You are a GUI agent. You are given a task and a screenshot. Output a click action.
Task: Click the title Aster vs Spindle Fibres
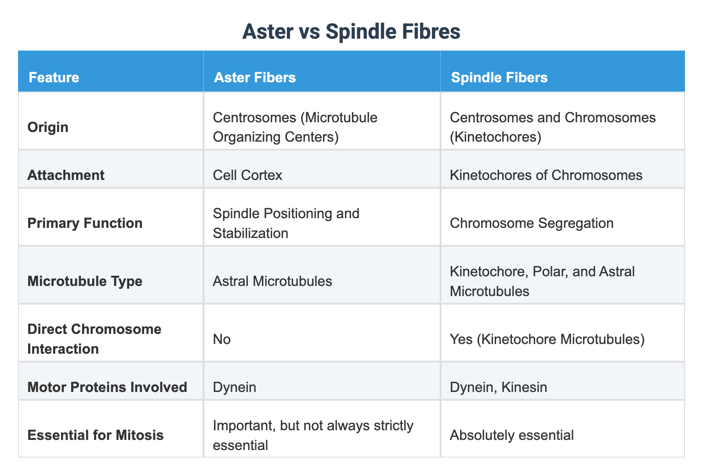coord(351,32)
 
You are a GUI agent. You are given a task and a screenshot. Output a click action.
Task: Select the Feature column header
coord(54,77)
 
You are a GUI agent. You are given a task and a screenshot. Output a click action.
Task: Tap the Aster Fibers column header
coord(254,77)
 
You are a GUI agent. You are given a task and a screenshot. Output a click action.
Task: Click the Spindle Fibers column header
coord(499,77)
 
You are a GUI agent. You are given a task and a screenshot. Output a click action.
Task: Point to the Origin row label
coord(48,127)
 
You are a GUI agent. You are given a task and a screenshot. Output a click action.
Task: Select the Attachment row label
coord(66,175)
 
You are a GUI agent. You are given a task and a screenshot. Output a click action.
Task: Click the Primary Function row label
coord(85,223)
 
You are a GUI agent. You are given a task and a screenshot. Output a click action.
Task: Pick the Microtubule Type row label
coord(85,281)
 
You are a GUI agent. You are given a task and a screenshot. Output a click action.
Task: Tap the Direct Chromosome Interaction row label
coord(94,339)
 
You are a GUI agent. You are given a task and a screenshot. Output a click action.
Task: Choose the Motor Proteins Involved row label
coord(107,387)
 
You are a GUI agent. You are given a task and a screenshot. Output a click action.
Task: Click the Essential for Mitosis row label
coord(95,435)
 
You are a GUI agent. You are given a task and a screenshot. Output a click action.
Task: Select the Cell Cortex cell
coord(247,175)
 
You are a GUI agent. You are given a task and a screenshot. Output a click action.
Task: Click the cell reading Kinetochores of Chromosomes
coord(546,175)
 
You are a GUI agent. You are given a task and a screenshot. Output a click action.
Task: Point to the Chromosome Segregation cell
coord(532,223)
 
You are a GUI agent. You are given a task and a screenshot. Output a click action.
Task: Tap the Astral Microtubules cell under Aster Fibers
coord(272,281)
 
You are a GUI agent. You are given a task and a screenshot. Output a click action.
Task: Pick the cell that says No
coord(221,339)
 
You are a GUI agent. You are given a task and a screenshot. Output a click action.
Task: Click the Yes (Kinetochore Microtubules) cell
coord(547,339)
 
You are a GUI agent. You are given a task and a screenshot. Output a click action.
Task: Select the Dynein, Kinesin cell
coord(498,387)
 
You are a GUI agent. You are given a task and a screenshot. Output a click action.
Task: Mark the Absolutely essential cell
coord(511,435)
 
